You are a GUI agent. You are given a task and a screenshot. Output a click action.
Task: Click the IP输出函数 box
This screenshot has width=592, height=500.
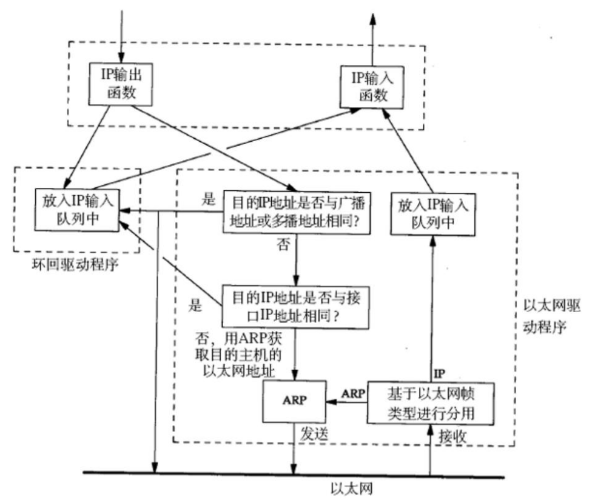[121, 84]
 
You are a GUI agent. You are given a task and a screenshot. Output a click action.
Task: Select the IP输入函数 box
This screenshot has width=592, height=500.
[372, 87]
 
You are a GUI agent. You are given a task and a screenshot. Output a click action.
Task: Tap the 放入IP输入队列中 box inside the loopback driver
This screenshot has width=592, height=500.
[77, 210]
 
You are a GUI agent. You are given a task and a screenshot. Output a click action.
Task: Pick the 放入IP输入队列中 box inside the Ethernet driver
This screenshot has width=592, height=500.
[432, 215]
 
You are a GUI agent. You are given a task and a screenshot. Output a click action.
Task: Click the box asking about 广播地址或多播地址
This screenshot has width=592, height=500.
[297, 213]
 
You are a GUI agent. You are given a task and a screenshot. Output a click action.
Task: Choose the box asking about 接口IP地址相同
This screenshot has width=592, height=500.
[295, 307]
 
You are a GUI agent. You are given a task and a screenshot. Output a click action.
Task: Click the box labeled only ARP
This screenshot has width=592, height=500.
[295, 401]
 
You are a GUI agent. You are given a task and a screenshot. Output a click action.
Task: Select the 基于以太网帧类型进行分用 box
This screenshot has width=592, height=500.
[431, 404]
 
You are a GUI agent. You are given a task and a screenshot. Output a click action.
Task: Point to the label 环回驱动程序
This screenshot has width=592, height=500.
[75, 264]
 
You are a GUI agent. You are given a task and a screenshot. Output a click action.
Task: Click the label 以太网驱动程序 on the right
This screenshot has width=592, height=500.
[551, 316]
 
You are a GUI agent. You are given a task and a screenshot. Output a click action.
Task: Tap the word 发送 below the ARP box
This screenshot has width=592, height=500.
[314, 434]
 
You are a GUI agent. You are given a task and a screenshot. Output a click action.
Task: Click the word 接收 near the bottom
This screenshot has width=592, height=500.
[452, 436]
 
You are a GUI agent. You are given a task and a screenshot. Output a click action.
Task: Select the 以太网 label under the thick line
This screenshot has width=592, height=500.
[352, 488]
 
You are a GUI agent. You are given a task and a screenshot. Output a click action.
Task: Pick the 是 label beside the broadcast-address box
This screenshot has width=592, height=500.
[208, 199]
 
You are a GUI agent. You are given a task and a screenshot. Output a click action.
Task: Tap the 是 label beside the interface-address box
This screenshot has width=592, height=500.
[195, 305]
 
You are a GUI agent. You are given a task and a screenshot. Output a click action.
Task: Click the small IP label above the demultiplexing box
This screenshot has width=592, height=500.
[439, 374]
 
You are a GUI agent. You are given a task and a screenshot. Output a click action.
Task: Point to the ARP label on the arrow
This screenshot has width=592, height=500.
[354, 393]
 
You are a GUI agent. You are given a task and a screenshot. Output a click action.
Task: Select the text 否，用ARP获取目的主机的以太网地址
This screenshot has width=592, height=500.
[238, 355]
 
